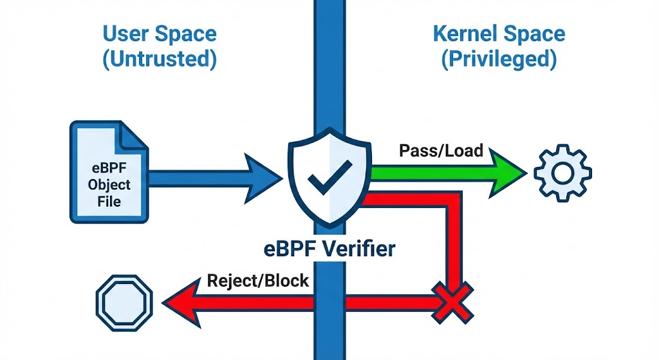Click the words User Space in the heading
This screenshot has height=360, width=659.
(160, 33)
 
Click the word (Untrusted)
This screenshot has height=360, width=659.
(160, 60)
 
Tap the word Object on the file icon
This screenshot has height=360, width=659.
(109, 184)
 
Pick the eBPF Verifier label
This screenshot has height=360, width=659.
(328, 249)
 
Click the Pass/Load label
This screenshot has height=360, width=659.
(440, 151)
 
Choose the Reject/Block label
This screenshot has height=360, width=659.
(258, 281)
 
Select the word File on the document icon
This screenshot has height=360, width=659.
(109, 202)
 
